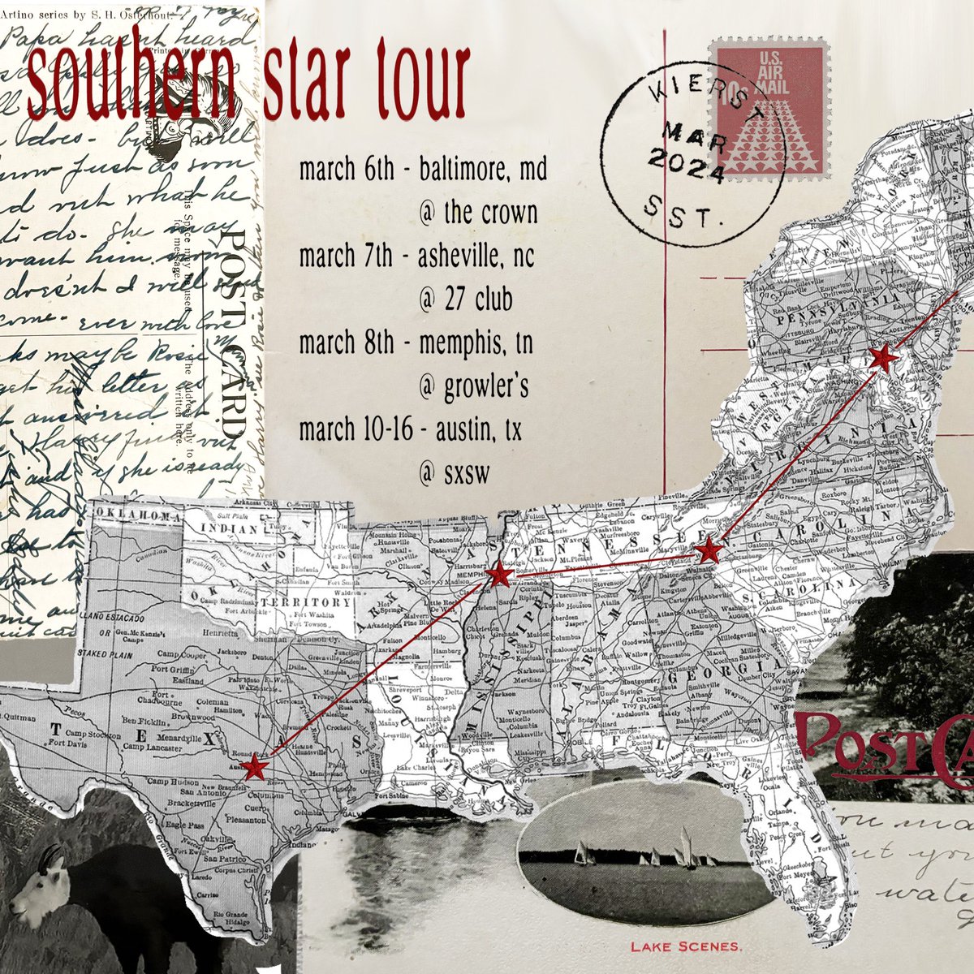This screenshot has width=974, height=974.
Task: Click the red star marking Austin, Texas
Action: click(x=256, y=767)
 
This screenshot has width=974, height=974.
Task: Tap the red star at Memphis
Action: click(x=500, y=575)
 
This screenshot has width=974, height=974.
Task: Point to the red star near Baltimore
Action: click(x=882, y=358)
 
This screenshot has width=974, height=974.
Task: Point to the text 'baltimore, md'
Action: click(x=482, y=171)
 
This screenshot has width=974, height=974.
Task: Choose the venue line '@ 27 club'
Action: click(x=466, y=300)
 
